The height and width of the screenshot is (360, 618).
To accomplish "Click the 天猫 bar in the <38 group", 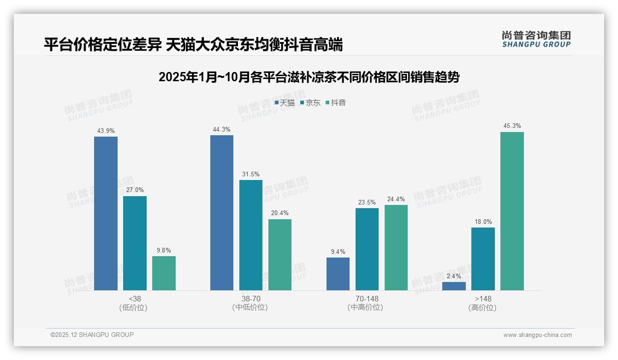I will (106, 213).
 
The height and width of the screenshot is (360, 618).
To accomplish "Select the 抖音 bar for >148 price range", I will (512, 211).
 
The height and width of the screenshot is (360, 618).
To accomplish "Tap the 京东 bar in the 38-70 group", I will (250, 235).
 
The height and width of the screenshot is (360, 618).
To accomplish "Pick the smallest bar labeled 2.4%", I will (454, 286).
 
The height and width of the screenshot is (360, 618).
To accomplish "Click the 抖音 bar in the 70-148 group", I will (396, 247).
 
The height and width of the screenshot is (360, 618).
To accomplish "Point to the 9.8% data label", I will (164, 250).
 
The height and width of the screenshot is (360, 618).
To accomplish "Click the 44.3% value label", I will (221, 129).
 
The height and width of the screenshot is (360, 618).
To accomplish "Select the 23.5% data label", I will (367, 202).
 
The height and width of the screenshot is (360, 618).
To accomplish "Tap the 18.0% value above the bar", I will (483, 222).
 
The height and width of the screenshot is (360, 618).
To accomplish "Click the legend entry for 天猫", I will (285, 102).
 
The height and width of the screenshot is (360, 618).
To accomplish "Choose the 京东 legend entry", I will (310, 102).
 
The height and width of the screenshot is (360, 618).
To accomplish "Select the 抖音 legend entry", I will (336, 102).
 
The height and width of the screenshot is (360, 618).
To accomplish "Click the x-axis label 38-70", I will (250, 299).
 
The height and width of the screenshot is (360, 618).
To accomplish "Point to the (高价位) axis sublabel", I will (482, 307).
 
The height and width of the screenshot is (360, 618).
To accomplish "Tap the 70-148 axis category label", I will (367, 299).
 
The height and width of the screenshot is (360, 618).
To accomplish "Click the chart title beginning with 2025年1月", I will (309, 77).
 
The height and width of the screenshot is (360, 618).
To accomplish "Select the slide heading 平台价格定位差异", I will (193, 45).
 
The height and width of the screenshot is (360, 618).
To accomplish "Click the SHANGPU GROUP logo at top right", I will (536, 39).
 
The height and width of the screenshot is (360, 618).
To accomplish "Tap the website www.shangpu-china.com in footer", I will (537, 335).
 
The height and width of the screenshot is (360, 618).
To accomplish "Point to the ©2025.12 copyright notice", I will (92, 335).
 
